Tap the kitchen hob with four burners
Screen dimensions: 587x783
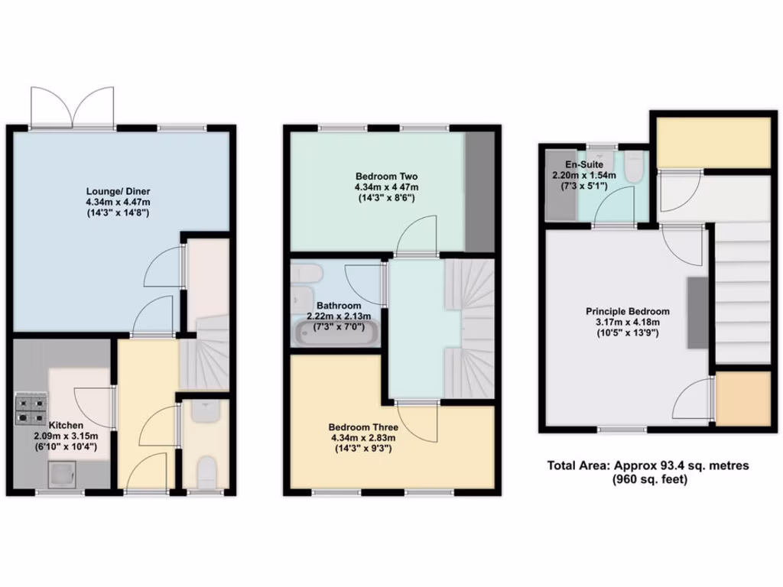click(x=31, y=409)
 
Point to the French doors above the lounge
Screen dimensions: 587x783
click(x=73, y=107)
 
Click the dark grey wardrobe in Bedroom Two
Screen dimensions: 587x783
click(x=479, y=191)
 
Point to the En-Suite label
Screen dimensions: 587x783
click(x=584, y=164)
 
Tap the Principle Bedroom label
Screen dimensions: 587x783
click(x=628, y=311)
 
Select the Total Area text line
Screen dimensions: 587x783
click(x=648, y=465)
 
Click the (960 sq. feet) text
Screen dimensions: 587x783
click(x=648, y=479)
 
